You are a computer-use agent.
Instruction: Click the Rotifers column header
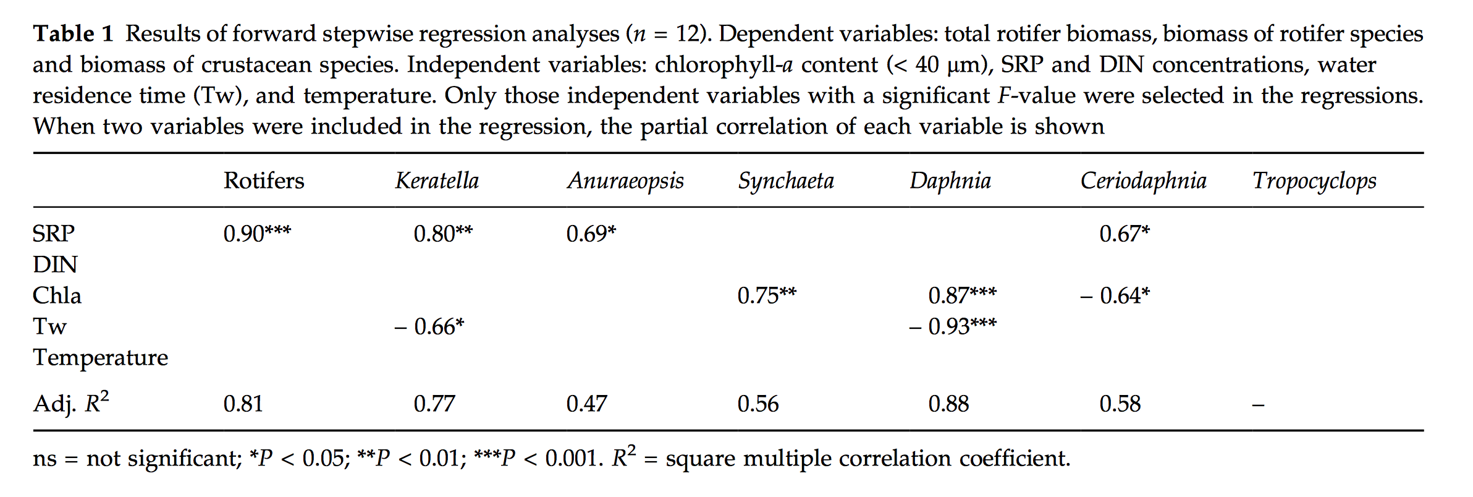[x=264, y=181]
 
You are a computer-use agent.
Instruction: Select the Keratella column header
[x=437, y=181]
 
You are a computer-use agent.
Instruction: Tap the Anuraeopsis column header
[x=625, y=181]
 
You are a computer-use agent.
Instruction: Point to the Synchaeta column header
[x=786, y=181]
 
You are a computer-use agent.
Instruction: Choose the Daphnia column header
[x=950, y=181]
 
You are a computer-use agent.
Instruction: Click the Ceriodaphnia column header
[x=1143, y=181]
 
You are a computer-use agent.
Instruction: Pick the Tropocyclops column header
[x=1314, y=181]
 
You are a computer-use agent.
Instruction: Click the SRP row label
[x=54, y=234]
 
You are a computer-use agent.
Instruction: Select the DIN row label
[x=55, y=265]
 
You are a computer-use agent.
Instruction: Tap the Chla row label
[x=57, y=295]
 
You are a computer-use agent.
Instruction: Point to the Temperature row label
[x=100, y=357]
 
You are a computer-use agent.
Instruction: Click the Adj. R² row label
[x=71, y=403]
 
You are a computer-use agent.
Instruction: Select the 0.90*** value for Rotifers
[x=257, y=234]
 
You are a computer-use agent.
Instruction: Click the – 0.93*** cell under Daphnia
[x=953, y=326]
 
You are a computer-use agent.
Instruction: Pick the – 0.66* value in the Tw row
[x=429, y=326]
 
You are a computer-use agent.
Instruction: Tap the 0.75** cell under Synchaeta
[x=767, y=295]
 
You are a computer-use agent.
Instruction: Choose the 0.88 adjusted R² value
[x=948, y=404]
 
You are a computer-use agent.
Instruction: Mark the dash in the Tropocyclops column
[x=1258, y=406]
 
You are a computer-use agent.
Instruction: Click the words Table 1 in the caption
[x=73, y=33]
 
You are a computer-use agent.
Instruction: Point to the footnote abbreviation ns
[x=44, y=459]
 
